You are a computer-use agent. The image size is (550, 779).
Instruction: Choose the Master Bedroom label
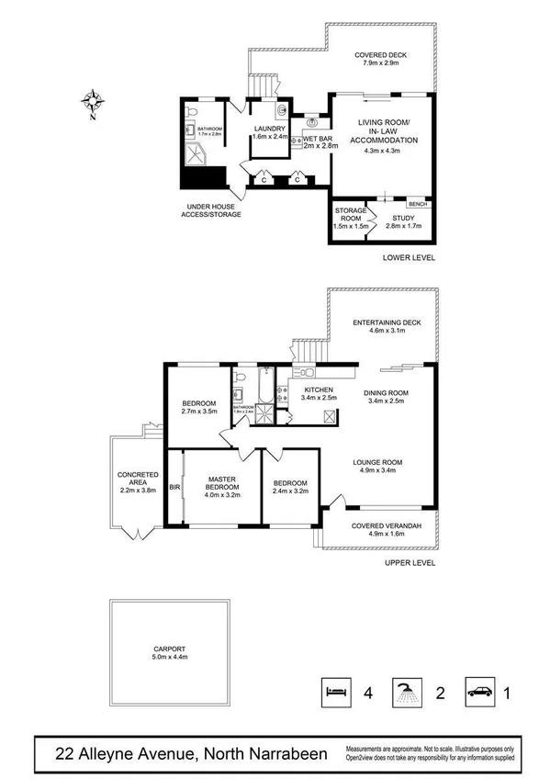(x=223, y=485)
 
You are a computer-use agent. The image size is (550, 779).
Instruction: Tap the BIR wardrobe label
(x=174, y=488)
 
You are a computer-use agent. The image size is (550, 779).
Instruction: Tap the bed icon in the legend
(x=335, y=691)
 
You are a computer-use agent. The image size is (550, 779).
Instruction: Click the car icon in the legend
(x=480, y=691)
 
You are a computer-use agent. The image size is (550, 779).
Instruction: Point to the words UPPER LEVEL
(x=410, y=562)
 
